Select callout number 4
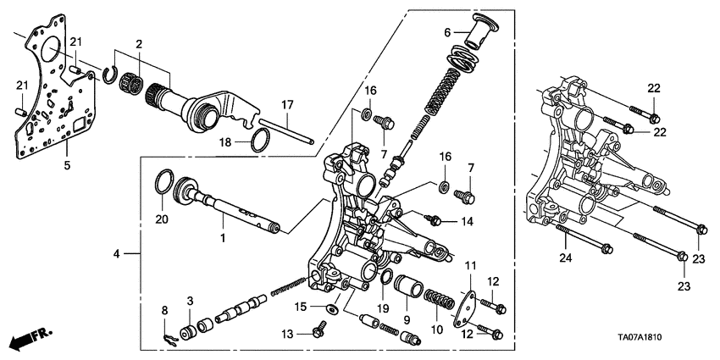click(118, 252)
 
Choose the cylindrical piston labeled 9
click(409, 288)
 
